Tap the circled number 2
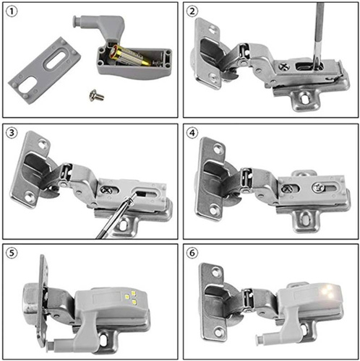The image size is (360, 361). (192, 12)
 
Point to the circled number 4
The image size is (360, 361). (192, 134)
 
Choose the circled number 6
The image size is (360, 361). (192, 253)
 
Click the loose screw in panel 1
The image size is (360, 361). (95, 94)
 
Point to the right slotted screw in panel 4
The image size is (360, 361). (319, 186)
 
